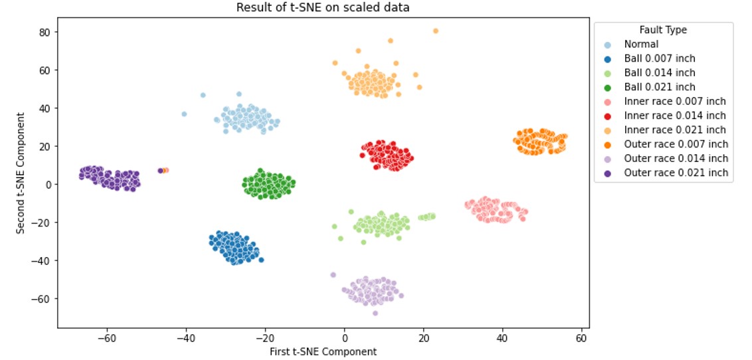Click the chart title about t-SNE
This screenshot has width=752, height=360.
coord(324,8)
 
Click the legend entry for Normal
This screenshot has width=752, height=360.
coord(641,45)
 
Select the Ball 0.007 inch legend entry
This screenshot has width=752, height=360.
coord(659,58)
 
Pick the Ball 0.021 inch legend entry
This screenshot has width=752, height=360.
coord(659,87)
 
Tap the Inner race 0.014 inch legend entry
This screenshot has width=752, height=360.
coord(674,116)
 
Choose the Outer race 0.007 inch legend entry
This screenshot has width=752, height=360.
coord(676,144)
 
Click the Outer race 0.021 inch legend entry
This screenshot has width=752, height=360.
coord(676,173)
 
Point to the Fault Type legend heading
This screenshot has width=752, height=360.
coord(663,30)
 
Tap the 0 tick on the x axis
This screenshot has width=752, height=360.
coord(344,339)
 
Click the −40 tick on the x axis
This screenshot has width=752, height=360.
coord(185,339)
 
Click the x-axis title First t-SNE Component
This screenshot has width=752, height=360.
coord(324,352)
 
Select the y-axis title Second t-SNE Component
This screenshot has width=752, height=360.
coord(21,173)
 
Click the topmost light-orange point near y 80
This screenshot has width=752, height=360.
coord(436,31)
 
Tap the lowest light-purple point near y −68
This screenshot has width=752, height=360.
coord(375,313)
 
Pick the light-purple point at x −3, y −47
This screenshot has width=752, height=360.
coord(333,275)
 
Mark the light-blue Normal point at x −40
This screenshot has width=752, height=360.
coord(184,114)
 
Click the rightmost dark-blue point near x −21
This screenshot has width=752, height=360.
coord(261,260)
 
